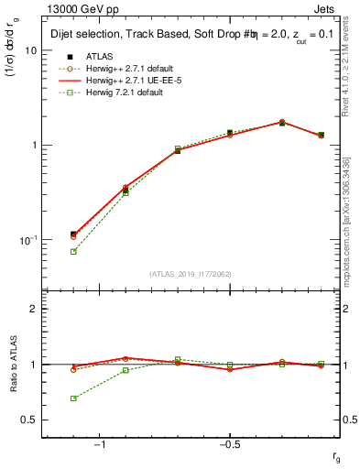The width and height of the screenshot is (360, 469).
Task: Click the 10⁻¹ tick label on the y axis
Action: pyautogui.click(x=29, y=240)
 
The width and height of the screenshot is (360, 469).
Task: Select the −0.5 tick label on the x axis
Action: pyautogui.click(x=229, y=444)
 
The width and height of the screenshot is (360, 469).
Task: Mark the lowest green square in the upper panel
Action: pyautogui.click(x=73, y=251)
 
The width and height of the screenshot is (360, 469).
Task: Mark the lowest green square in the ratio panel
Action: pyautogui.click(x=73, y=398)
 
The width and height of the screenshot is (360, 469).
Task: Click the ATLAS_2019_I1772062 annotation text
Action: pyautogui.click(x=191, y=274)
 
